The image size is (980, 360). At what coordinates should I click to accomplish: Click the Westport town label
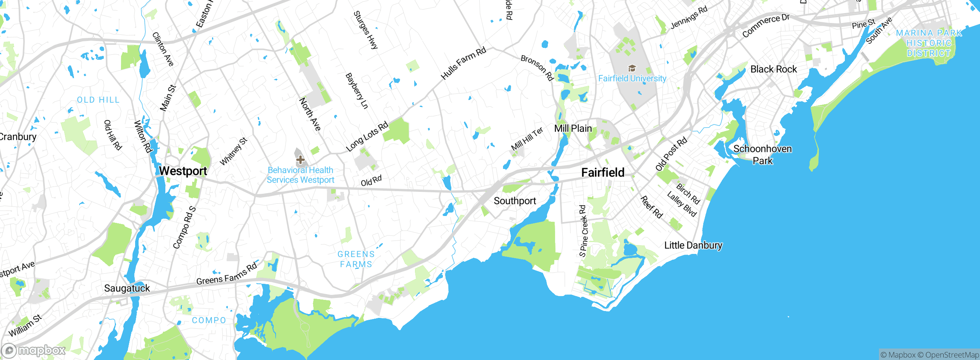[183, 171]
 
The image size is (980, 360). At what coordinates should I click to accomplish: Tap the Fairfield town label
[603, 172]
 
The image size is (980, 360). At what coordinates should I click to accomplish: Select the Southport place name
[514, 201]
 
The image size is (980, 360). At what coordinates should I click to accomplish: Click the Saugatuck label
[127, 288]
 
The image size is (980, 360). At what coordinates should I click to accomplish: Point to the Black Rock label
[773, 69]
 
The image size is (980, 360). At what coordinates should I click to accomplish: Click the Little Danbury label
[693, 245]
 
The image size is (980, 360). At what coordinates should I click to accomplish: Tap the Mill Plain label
[573, 128]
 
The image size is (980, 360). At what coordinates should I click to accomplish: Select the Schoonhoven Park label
[762, 155]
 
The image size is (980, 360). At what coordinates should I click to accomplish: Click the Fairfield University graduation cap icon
[632, 69]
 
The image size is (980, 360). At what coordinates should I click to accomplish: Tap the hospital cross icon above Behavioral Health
[300, 159]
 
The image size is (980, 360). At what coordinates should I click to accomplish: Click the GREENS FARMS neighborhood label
[356, 259]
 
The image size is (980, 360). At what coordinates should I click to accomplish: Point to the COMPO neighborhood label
[209, 320]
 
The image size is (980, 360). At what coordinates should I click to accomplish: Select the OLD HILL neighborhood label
[98, 100]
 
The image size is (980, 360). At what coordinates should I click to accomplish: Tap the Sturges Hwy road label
[366, 30]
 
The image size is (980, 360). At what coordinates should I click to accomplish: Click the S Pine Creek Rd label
[583, 231]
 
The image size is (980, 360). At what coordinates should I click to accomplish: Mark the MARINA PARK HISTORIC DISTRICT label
[929, 43]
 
